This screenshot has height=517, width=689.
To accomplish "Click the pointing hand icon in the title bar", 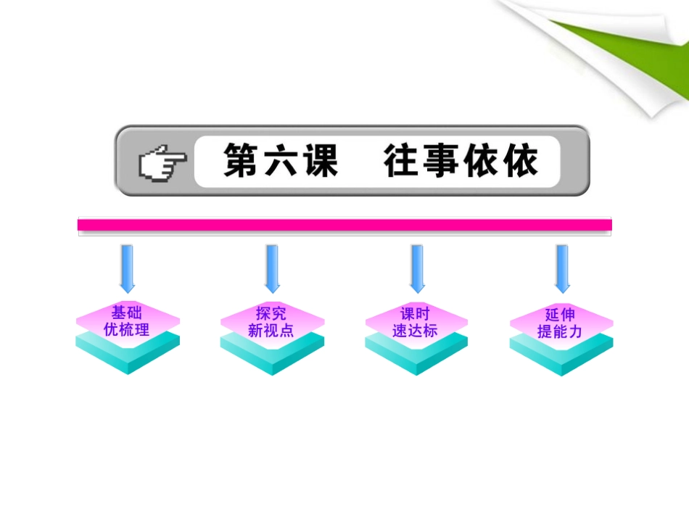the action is click(x=161, y=162).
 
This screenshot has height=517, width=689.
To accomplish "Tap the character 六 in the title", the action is click(x=280, y=161).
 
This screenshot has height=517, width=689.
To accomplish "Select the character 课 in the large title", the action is click(x=318, y=161).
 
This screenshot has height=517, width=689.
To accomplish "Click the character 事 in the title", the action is click(x=442, y=161).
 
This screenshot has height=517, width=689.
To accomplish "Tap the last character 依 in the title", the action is click(x=519, y=161).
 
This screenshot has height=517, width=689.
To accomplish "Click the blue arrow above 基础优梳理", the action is click(x=128, y=268).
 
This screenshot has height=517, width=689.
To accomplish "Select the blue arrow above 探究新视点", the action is click(x=272, y=268).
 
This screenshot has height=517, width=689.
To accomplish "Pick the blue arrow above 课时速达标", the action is click(x=416, y=268).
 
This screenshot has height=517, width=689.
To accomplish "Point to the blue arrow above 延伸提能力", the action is click(x=561, y=268).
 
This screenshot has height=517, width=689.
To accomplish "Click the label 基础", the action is click(x=127, y=313).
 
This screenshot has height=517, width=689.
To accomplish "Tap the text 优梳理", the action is click(x=127, y=330).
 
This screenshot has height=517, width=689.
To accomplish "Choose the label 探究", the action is click(x=271, y=313).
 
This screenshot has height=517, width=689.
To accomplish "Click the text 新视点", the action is click(x=271, y=331).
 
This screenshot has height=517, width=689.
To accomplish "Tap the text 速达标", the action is click(x=416, y=331).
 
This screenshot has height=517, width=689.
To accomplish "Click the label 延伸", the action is click(x=560, y=315).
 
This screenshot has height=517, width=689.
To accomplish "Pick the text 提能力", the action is click(x=560, y=331).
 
